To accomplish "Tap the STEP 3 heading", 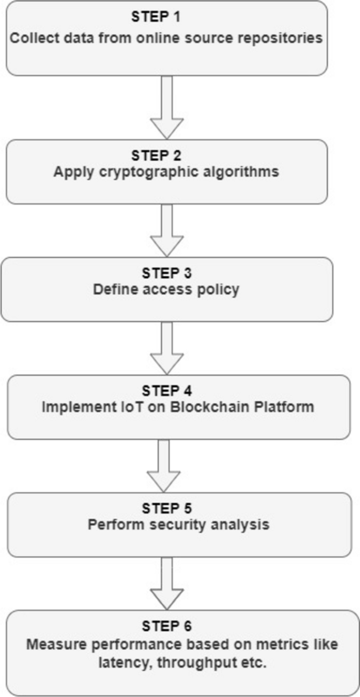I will [x=166, y=274].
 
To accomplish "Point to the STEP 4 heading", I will [x=166, y=392].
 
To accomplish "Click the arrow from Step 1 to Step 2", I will [x=167, y=107].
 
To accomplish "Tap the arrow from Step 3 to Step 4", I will [x=167, y=348].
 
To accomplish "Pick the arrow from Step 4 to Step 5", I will [x=163, y=465].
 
